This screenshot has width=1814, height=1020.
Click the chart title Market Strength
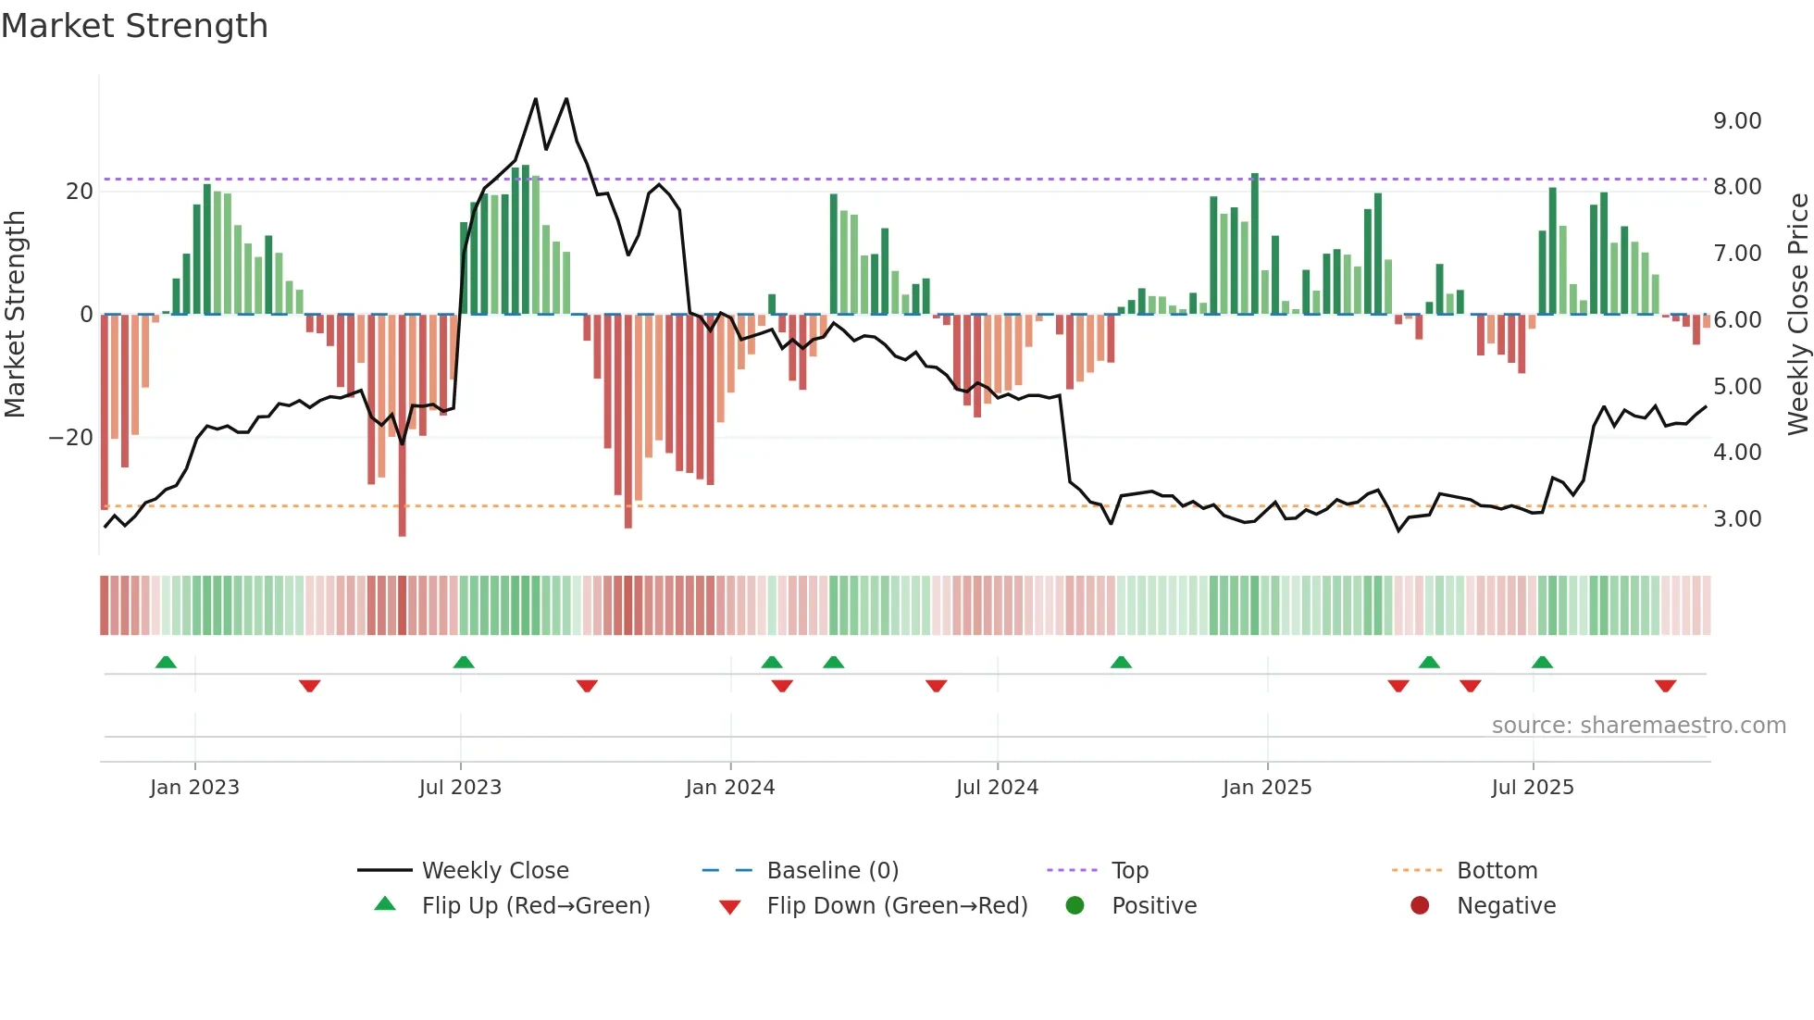134,26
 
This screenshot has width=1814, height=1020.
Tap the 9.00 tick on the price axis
1736,121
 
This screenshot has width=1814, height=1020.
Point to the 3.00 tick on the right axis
1736,519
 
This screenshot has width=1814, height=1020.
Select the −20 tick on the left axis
71,438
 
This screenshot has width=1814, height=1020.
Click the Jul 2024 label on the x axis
997,788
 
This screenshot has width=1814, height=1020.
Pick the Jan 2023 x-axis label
194,788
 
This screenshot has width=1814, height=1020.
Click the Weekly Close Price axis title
1797,314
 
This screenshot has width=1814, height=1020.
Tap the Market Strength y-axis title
15,314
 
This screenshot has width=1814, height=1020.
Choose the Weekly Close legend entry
494,871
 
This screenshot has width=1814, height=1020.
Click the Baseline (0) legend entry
832,871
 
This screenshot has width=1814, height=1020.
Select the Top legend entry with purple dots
1129,871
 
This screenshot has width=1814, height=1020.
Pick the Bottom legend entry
1497,871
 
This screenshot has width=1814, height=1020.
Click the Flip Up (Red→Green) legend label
535,906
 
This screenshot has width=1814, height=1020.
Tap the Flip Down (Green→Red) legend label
897,906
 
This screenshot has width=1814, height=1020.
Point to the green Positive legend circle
1075,905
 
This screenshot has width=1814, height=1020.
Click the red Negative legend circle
1420,905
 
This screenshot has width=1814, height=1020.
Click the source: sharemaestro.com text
1638,726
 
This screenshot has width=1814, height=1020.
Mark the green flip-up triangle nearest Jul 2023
464,663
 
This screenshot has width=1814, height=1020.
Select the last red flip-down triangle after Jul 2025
1665,686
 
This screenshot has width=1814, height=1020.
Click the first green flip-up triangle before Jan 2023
166,663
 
